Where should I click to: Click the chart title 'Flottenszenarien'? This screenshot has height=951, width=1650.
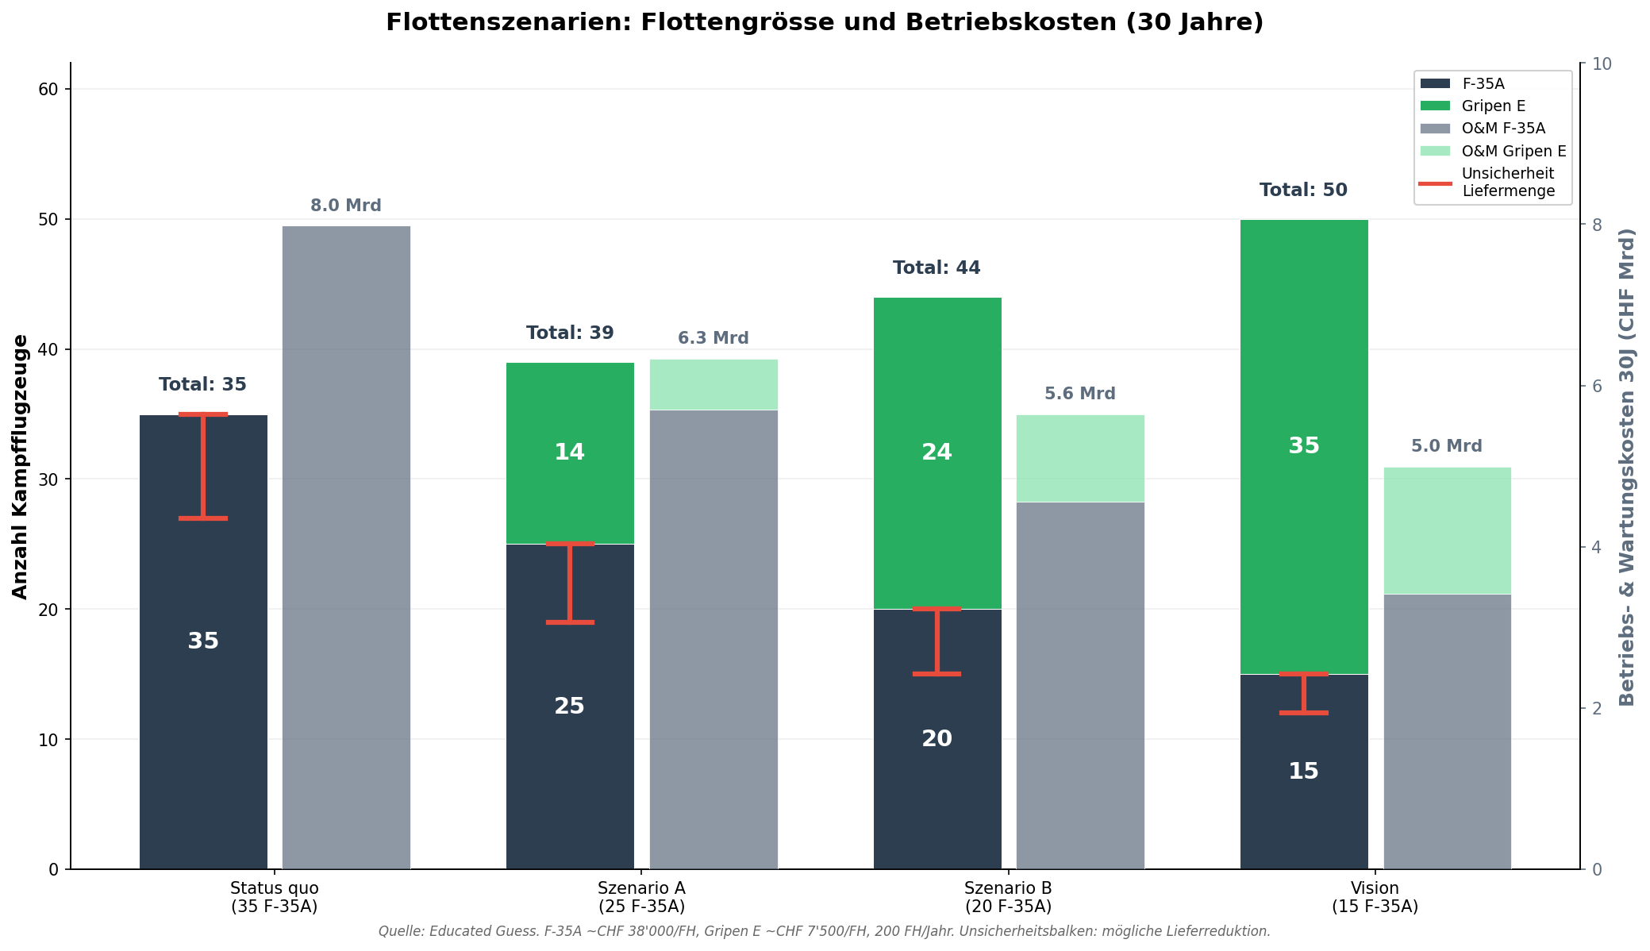[824, 22]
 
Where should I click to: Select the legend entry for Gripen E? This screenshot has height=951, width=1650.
[1493, 106]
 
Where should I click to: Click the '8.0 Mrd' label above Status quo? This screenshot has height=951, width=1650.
[346, 206]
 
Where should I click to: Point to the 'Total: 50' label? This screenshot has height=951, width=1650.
[1303, 191]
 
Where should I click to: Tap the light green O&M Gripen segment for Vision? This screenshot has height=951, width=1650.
[1447, 530]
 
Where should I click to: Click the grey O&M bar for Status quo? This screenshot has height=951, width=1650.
[346, 548]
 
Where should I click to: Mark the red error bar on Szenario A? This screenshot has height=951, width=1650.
[571, 583]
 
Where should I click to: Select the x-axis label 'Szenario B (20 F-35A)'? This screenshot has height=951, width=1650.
[1008, 897]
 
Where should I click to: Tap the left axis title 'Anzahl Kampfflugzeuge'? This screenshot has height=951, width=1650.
[21, 466]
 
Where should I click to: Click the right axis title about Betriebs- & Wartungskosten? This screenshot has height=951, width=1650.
[1626, 466]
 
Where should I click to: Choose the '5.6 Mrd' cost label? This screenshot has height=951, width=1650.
[1079, 395]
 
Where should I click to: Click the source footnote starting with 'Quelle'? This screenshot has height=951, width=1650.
[824, 931]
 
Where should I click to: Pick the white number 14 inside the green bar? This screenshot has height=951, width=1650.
[569, 452]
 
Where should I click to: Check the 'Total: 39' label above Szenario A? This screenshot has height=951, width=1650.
[570, 333]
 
